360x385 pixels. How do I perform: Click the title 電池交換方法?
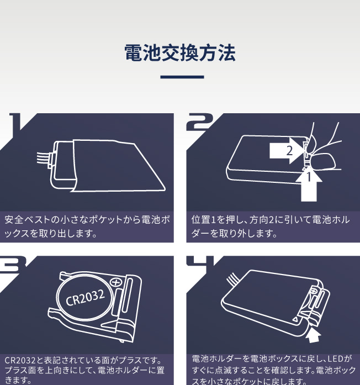tap(180, 53)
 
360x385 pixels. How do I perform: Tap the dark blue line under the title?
tap(182, 77)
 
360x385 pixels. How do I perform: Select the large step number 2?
tap(198, 122)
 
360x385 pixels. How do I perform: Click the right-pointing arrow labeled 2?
tap(287, 150)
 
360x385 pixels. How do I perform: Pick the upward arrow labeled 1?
tap(309, 184)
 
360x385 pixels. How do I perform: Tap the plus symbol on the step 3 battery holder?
tap(116, 282)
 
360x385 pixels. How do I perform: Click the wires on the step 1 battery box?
tap(43, 157)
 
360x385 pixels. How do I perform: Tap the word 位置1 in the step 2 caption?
tap(203, 220)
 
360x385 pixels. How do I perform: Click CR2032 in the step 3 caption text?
tap(20, 361)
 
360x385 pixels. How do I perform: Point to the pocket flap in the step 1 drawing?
tap(118, 166)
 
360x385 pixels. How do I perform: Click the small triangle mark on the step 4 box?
tap(295, 319)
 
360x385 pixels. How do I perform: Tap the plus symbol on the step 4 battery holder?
tap(314, 291)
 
